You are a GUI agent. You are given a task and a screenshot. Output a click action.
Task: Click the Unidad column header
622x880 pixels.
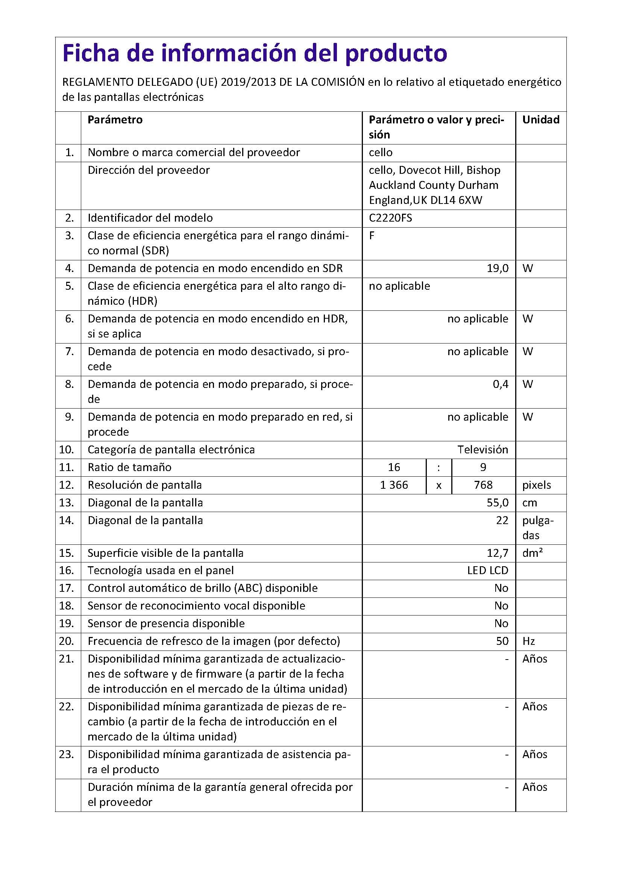tap(540, 120)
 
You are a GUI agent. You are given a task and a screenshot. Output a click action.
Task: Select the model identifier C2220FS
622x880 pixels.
tap(390, 218)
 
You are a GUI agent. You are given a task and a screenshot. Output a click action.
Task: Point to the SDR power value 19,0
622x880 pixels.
tap(497, 268)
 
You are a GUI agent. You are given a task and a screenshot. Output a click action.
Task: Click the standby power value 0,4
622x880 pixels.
tap(500, 384)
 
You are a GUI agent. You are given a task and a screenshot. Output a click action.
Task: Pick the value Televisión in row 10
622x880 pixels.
tap(482, 449)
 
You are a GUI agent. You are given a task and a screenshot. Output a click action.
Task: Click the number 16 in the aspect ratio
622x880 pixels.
tap(394, 467)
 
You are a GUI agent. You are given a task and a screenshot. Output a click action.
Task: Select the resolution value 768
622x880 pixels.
tap(483, 485)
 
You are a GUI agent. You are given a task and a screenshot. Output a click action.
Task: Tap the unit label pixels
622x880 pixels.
tap(536, 485)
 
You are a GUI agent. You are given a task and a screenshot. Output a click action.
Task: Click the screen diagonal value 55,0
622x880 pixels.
tap(497, 503)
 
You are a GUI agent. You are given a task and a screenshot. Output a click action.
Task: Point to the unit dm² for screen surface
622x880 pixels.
tap(532, 553)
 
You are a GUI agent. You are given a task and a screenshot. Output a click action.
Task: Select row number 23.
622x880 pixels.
tap(66, 754)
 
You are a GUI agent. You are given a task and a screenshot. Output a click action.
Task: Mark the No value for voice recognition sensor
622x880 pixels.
tap(501, 606)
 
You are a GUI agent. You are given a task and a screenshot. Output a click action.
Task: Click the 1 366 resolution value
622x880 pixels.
tap(394, 485)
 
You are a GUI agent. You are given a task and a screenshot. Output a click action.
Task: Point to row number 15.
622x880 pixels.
tap(66, 553)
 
